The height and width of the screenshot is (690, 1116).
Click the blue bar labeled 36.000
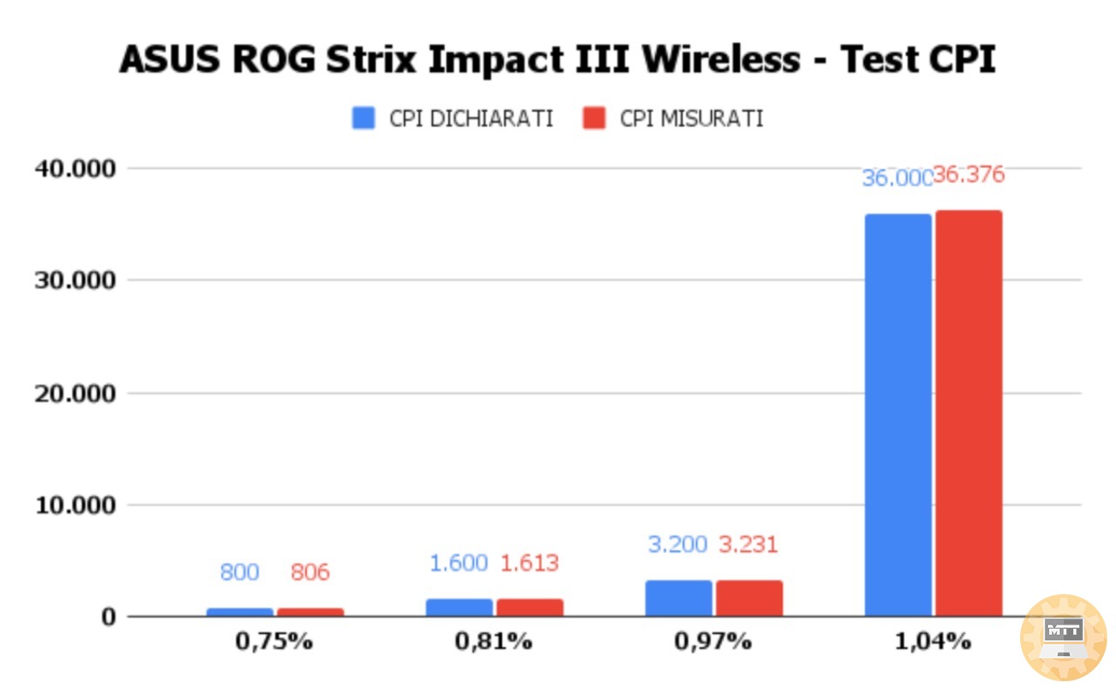pyautogui.click(x=897, y=414)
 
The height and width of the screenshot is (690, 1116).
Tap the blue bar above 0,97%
pyautogui.click(x=678, y=598)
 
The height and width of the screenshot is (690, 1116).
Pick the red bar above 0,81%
pyautogui.click(x=530, y=607)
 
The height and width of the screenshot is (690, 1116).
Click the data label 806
pyautogui.click(x=310, y=573)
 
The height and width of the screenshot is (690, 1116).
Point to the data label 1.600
pyautogui.click(x=459, y=564)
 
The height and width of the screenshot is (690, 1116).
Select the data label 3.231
pyautogui.click(x=748, y=544)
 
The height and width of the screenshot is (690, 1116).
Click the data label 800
pyautogui.click(x=239, y=573)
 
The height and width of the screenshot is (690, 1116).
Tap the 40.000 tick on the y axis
pyautogui.click(x=74, y=168)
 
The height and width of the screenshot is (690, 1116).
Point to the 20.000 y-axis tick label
pyautogui.click(x=74, y=393)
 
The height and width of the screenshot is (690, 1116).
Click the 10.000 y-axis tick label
pyautogui.click(x=74, y=505)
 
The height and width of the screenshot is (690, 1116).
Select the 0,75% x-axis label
pyautogui.click(x=274, y=642)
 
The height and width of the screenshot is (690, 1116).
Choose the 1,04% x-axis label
pyautogui.click(x=932, y=642)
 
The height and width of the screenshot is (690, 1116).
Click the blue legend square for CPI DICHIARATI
pyautogui.click(x=364, y=119)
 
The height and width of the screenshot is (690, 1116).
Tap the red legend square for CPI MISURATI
pyautogui.click(x=594, y=119)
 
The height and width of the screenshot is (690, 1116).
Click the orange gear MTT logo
pyautogui.click(x=1063, y=637)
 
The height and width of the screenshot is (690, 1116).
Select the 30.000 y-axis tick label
pyautogui.click(x=74, y=280)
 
